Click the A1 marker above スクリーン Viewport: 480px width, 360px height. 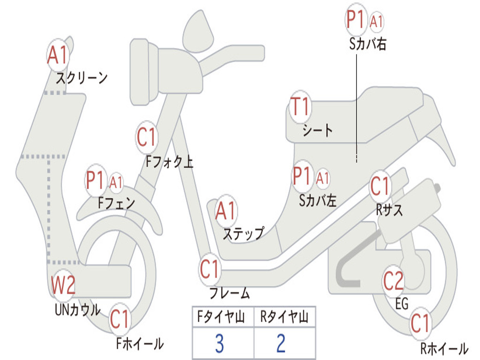click(x=58, y=55)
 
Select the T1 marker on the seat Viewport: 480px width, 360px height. click(x=300, y=107)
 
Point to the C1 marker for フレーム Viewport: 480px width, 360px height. click(x=210, y=270)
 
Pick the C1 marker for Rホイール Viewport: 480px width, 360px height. click(x=420, y=323)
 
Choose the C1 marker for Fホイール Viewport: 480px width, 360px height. click(x=120, y=320)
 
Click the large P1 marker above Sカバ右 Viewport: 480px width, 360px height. click(x=355, y=20)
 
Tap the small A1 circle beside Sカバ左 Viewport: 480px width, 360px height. click(x=323, y=178)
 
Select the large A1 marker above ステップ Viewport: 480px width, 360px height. click(x=226, y=211)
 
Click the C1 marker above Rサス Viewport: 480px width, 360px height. click(x=380, y=187)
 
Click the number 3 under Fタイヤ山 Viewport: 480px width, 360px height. click(x=219, y=344)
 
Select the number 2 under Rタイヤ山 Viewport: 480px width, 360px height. click(x=281, y=344)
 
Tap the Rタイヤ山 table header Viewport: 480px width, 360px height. click(x=284, y=318)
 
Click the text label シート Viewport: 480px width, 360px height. click(x=317, y=129)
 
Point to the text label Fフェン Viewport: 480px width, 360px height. click(x=117, y=203)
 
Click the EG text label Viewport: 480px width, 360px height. click(x=402, y=305)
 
